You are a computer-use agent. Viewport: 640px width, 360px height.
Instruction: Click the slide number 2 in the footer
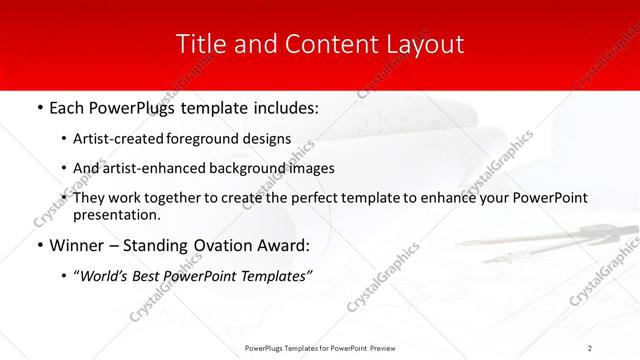590,347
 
